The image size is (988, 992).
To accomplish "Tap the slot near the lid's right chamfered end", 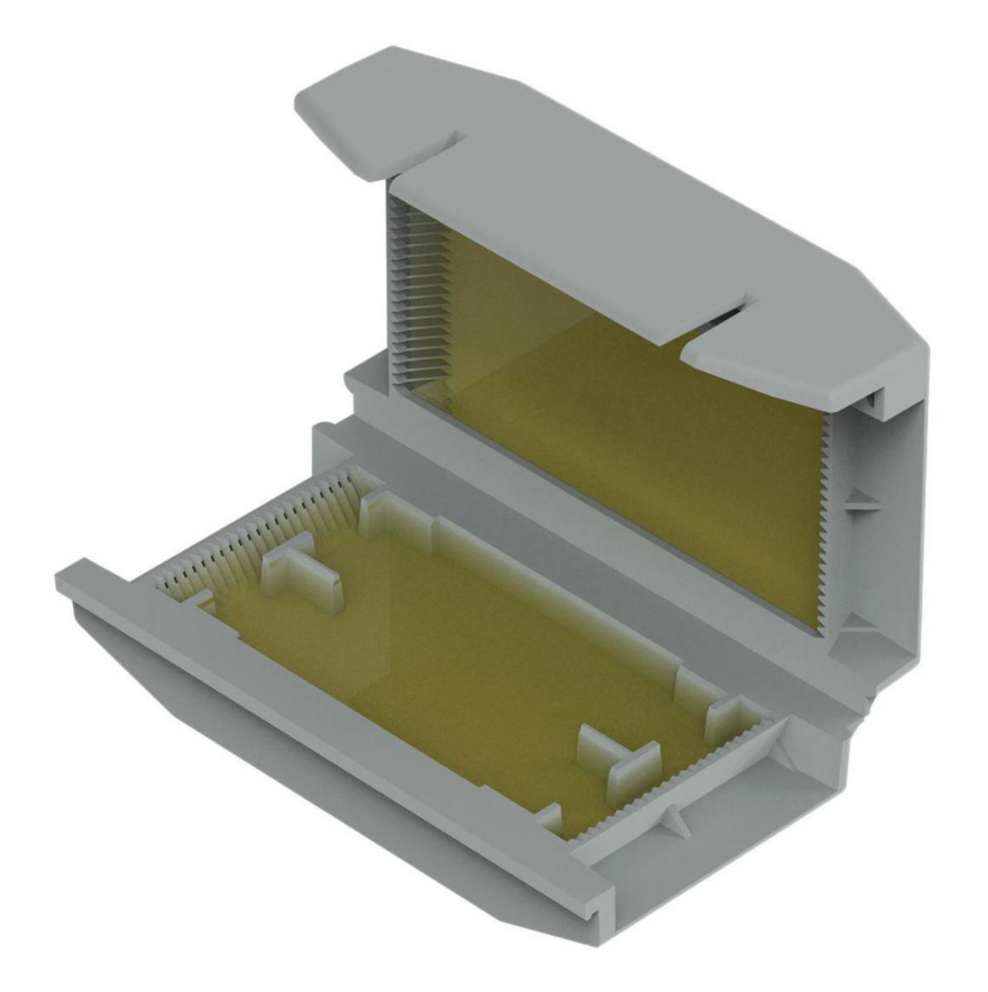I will point(719,318).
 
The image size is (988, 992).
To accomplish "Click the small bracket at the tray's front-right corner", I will point(550,818).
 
